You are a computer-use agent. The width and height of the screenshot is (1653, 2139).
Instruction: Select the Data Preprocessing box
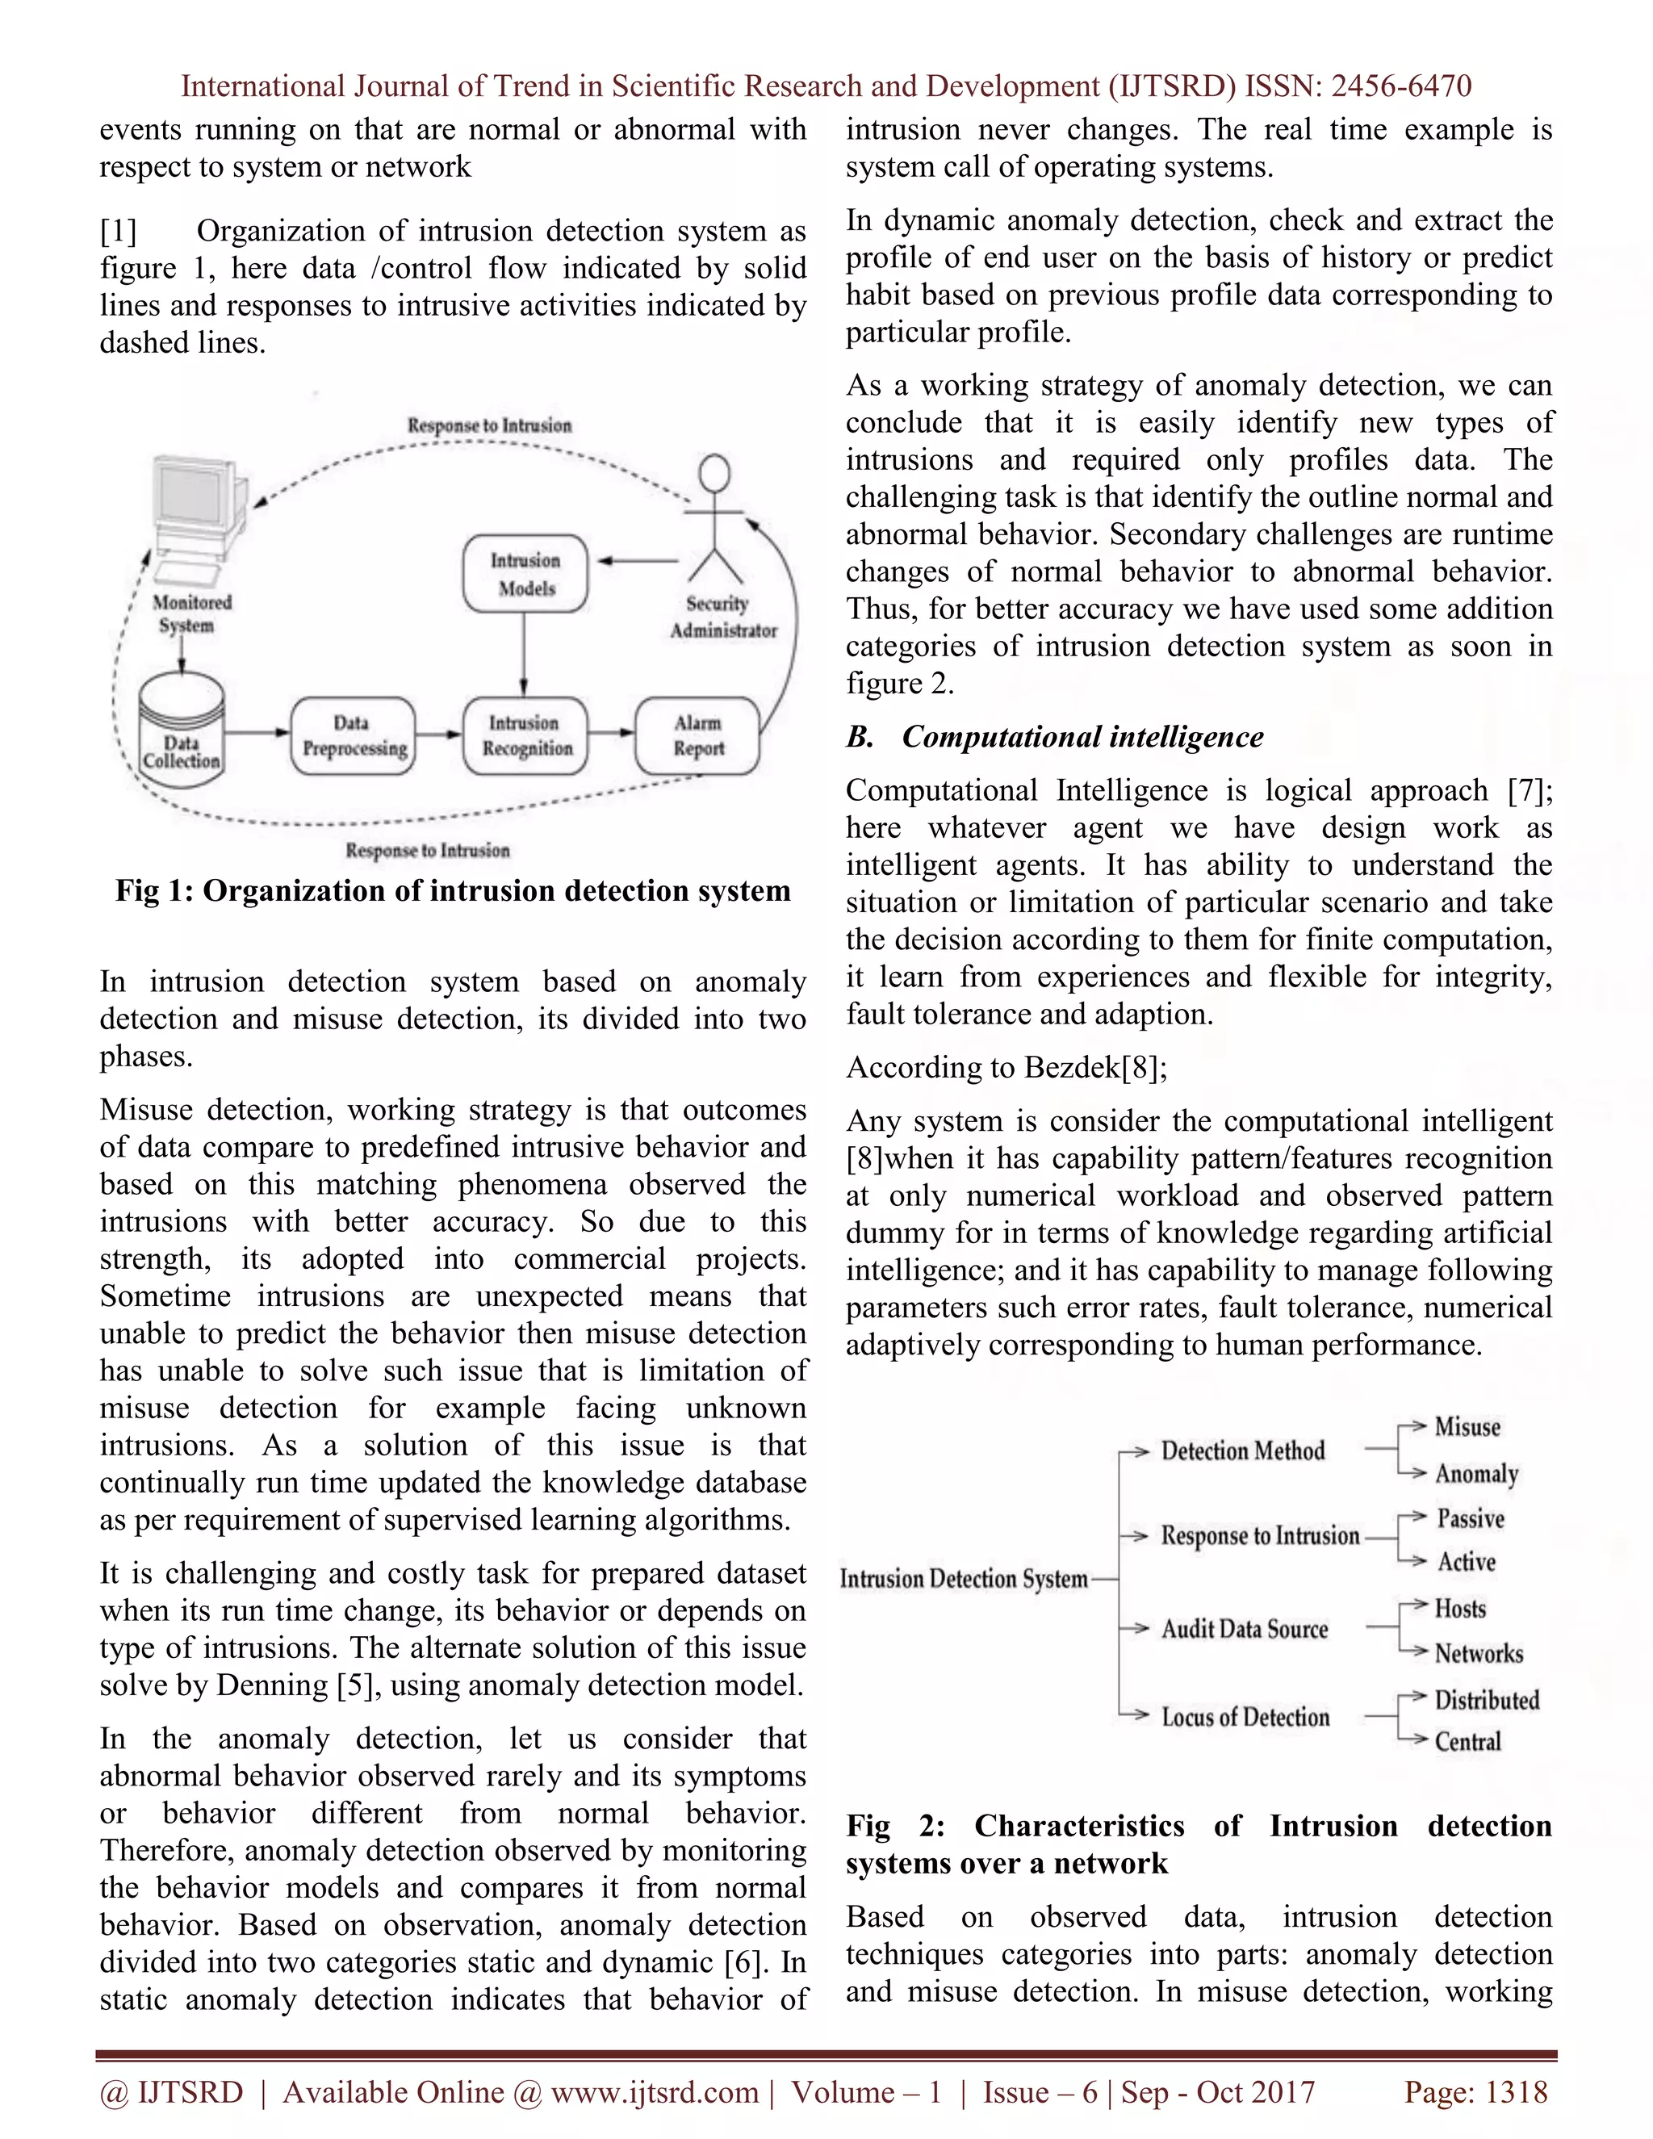[354, 735]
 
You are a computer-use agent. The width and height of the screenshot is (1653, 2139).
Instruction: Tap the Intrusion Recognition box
[526, 735]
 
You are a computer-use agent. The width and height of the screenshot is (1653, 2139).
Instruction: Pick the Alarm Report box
[697, 735]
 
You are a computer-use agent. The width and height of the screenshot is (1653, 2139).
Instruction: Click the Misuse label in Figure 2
[1467, 1427]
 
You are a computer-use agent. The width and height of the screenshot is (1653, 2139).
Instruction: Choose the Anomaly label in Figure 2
[1475, 1474]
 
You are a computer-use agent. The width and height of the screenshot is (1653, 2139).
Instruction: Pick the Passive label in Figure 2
[1470, 1519]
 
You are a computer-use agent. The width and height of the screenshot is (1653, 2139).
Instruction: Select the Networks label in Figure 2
[1479, 1654]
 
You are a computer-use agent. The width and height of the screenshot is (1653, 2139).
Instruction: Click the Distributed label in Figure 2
[1487, 1700]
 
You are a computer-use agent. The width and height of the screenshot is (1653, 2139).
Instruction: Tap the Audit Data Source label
[1245, 1629]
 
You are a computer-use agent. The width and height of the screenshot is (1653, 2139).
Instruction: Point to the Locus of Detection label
[1245, 1717]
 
